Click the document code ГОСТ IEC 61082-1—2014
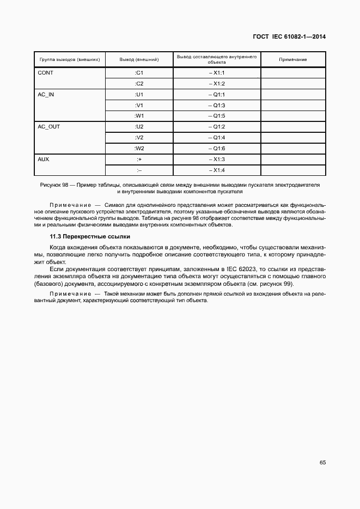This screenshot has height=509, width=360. [289, 37]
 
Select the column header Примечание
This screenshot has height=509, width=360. [293, 59]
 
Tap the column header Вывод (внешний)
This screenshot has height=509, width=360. [139, 59]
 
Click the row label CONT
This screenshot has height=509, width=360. [45, 73]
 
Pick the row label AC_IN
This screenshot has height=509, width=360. [46, 94]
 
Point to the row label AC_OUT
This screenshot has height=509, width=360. [48, 127]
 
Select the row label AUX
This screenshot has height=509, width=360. [44, 159]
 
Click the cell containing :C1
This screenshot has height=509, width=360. [139, 73]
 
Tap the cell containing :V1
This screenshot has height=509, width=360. [139, 105]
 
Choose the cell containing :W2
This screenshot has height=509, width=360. [139, 149]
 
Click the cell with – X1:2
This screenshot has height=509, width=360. [217, 84]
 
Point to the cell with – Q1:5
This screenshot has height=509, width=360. [217, 116]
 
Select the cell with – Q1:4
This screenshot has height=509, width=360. [217, 138]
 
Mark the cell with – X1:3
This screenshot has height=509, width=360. [217, 159]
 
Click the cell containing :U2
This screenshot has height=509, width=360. [139, 127]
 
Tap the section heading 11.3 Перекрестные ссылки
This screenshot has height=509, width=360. [89, 237]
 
